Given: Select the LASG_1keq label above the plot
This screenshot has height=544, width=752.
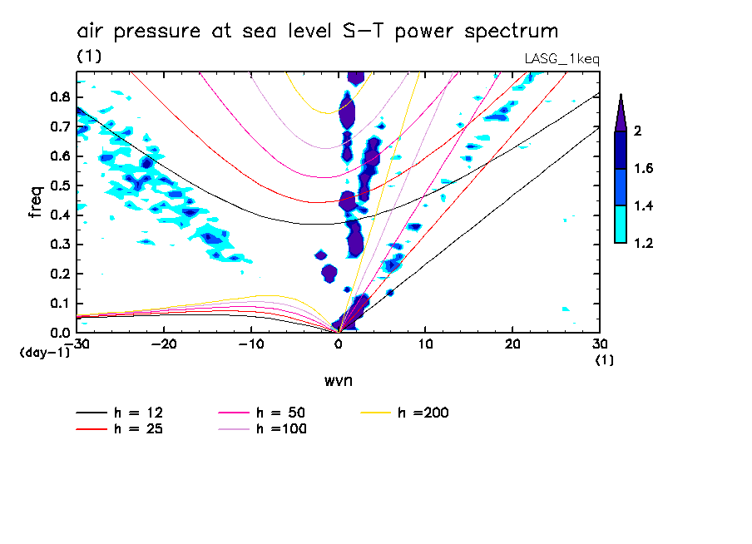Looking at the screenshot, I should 562,59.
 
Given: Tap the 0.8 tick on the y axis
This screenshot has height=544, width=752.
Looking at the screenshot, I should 57,96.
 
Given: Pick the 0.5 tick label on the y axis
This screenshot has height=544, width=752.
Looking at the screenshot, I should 57,185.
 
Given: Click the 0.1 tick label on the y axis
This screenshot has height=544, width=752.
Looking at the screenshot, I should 57,304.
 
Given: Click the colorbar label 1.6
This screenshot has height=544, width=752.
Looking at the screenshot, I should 644,169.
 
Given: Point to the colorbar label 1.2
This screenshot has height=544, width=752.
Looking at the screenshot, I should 644,243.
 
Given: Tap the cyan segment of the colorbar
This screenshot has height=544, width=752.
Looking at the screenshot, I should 621,224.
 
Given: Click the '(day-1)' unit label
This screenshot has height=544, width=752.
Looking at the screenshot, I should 44,352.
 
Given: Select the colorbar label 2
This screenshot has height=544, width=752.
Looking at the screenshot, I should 637,131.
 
